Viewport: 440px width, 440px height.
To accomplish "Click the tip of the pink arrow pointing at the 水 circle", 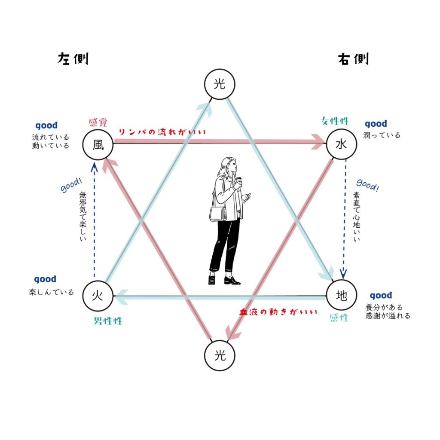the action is click(x=325, y=142).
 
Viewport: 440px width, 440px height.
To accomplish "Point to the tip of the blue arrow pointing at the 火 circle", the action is click(x=115, y=296).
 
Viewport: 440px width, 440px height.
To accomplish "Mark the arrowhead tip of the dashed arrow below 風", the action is click(x=94, y=163).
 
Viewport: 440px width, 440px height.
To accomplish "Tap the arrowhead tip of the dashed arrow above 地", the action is click(x=343, y=278).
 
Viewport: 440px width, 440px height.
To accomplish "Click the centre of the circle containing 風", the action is click(x=98, y=144).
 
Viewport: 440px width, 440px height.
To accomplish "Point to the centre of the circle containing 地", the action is click(x=342, y=295).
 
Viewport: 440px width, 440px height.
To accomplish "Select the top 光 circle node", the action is click(x=220, y=84).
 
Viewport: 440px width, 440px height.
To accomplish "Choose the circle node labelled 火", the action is click(x=98, y=296).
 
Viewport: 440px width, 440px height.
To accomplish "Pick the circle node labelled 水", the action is click(x=342, y=144).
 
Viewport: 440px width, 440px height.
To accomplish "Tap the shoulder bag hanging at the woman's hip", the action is click(x=218, y=214).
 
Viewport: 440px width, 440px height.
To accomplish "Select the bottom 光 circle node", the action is click(x=220, y=355).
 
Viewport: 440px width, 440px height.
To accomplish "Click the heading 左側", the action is click(x=73, y=59).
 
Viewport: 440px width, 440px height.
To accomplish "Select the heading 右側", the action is click(x=353, y=59).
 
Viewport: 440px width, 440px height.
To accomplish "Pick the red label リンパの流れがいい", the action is click(x=162, y=132).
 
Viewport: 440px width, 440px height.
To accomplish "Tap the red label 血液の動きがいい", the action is click(x=278, y=312).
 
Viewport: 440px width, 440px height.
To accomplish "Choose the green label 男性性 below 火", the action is click(x=108, y=321).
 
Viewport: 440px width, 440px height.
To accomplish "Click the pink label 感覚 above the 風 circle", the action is click(x=98, y=122).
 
